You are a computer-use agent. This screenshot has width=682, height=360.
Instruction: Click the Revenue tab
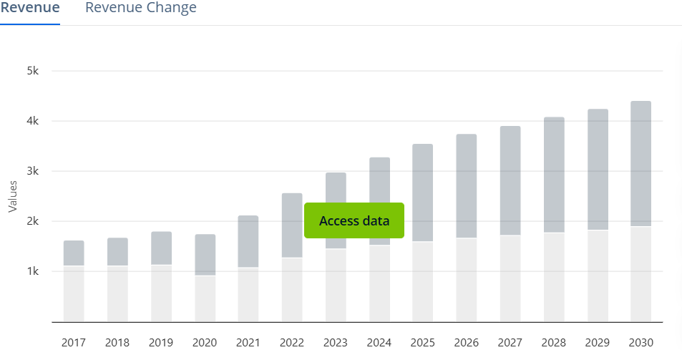coord(29,9)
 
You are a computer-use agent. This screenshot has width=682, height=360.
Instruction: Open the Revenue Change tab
coord(140,9)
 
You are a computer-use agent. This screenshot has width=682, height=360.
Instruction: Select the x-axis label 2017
coord(74,343)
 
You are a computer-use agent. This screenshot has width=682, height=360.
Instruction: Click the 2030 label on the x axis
coord(640,343)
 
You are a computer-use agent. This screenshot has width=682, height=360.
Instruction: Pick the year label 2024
coord(379,343)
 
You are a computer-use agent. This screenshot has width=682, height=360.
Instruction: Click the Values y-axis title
coord(12,196)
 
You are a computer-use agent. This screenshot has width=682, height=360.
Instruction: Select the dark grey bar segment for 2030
coord(640,164)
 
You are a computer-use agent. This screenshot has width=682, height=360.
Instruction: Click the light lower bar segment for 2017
coord(74,293)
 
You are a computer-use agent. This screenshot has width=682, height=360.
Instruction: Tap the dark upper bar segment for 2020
coord(205,255)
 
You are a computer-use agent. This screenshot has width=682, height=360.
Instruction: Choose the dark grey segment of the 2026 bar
coord(467,186)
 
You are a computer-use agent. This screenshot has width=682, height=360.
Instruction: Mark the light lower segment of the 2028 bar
coord(553,277)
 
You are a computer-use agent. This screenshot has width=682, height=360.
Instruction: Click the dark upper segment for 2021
coord(248,242)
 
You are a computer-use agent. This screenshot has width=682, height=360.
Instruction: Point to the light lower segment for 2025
coord(423,282)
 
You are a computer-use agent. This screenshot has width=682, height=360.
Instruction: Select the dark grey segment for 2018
coord(117,252)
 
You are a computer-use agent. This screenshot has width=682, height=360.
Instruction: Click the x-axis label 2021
coord(248,343)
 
